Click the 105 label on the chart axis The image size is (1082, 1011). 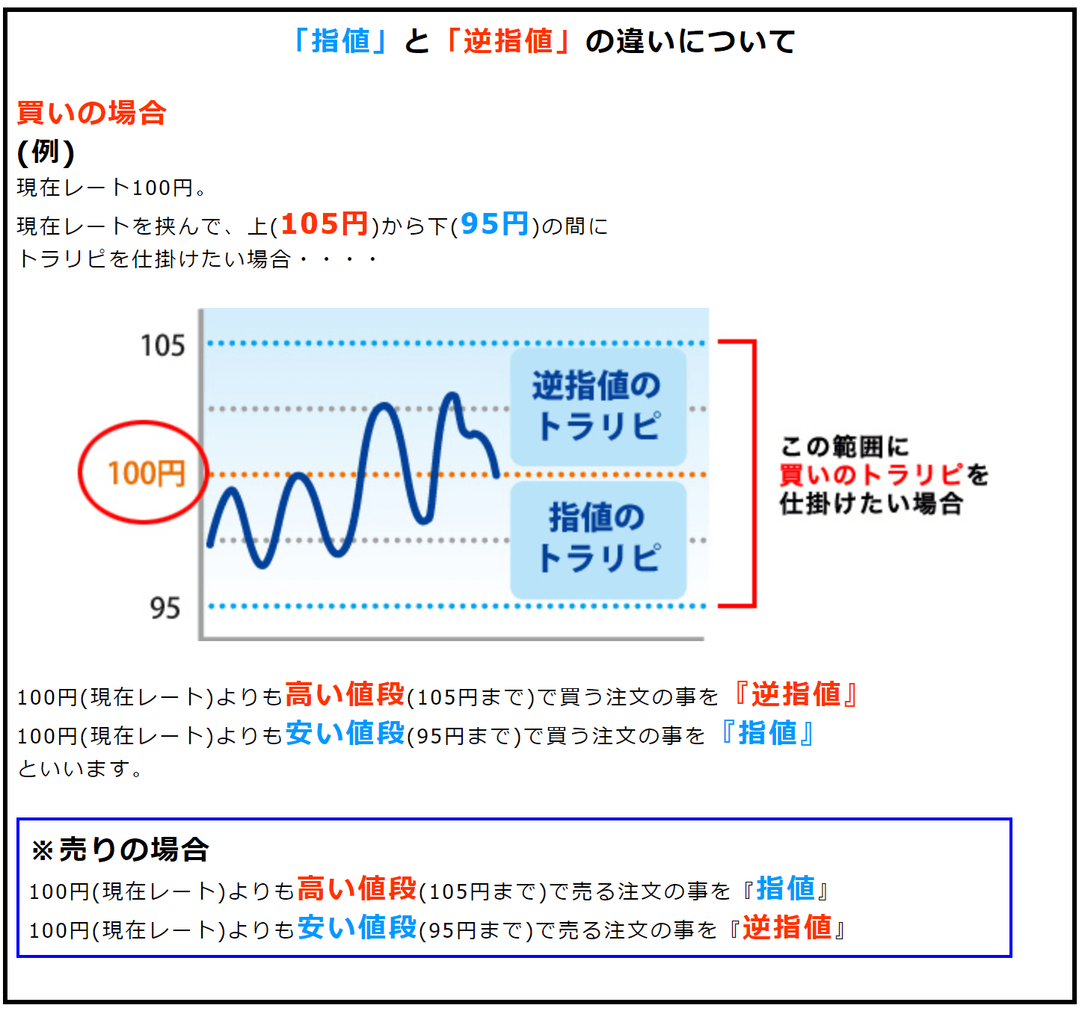[x=163, y=345]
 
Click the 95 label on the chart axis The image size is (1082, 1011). [x=165, y=607]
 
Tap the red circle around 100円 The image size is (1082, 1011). [x=80, y=472]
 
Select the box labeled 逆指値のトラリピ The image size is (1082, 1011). [x=597, y=406]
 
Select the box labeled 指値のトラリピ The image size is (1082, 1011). [x=597, y=539]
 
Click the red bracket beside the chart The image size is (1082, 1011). [x=754, y=473]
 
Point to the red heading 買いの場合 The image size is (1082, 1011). [x=91, y=113]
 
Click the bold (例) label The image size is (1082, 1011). [x=46, y=152]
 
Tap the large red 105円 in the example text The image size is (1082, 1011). [x=325, y=223]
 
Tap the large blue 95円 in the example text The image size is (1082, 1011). [x=495, y=223]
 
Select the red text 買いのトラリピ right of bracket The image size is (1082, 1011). [x=872, y=474]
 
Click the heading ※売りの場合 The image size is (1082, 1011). [x=120, y=850]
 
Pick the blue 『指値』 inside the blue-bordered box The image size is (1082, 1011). [x=786, y=890]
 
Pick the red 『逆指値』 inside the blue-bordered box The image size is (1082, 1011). [x=787, y=928]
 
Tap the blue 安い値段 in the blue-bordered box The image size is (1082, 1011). [x=357, y=928]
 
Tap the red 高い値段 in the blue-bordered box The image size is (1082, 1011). [x=357, y=890]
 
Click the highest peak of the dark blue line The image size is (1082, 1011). [x=452, y=395]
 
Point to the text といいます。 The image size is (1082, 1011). [x=81, y=769]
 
